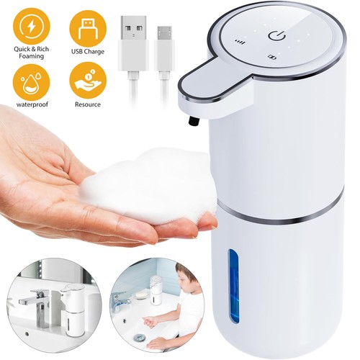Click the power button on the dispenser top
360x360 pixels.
pos(276,36)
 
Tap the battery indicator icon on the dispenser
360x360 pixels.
pos(272,57)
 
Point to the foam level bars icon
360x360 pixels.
pos(240,42)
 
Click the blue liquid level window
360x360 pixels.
pos(233,286)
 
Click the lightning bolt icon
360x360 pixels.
pos(32,27)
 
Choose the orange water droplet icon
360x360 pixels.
pos(32,82)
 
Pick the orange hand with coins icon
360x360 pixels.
pos(88,81)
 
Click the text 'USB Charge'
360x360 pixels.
pos(88,52)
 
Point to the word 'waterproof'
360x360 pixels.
pos(32,104)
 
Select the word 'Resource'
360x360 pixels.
pos(88,104)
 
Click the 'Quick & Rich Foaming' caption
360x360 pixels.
pos(32,53)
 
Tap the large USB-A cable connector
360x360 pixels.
pos(133,43)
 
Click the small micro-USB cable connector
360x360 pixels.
pos(164,48)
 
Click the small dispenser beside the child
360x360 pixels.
pos(156,289)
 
